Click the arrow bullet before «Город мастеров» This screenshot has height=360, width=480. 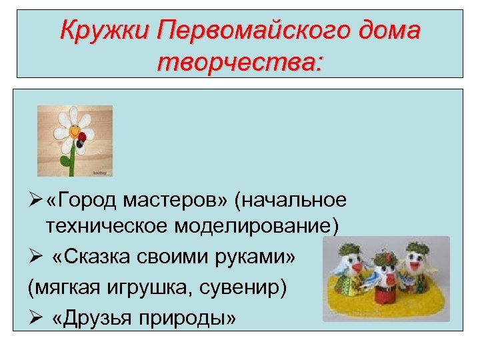pos(36,200)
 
